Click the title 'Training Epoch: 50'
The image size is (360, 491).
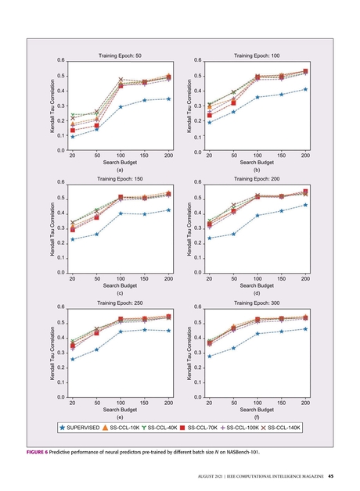pos(120,56)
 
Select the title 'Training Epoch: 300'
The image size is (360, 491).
pos(257,301)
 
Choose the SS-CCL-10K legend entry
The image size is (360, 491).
pos(124,428)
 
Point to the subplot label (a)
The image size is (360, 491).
pos(120,170)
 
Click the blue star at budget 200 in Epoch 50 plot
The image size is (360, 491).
pos(169,99)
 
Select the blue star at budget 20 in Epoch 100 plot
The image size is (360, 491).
pos(209,122)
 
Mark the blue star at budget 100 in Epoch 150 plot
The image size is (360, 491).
pos(121,213)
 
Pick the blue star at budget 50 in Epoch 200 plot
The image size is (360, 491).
pos(233,234)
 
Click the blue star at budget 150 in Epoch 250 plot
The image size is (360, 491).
pos(145,330)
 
